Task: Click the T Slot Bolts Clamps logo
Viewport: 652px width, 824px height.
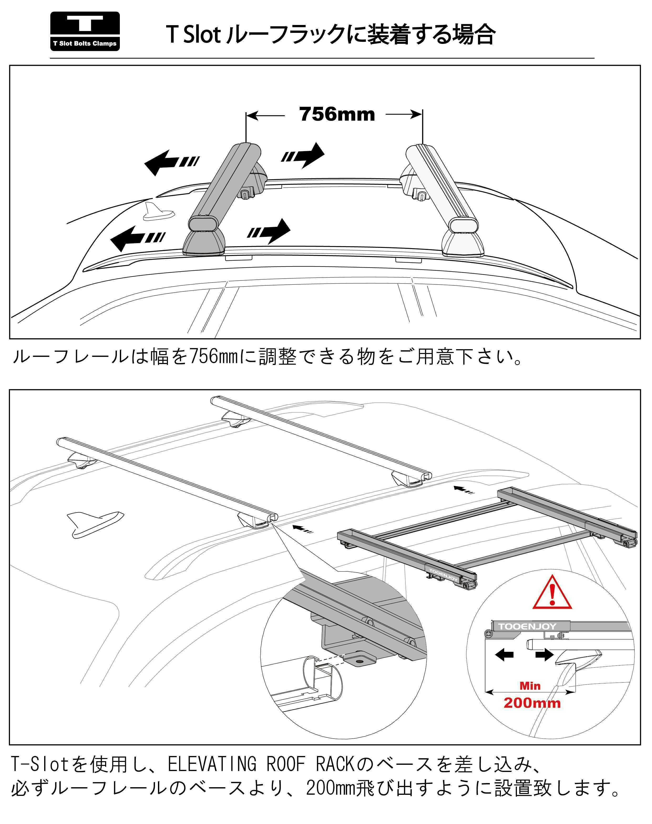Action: coord(85,31)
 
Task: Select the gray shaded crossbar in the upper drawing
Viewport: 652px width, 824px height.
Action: coord(225,183)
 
